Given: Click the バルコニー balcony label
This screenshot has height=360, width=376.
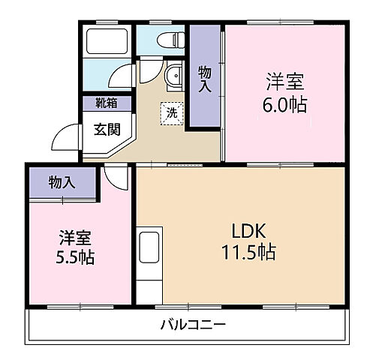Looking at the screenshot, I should click(193, 325).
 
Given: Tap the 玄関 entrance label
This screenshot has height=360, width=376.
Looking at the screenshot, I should click(106, 128).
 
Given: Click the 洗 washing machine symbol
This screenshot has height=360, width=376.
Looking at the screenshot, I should click(172, 114).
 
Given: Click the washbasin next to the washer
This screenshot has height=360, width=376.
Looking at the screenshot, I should click(173, 76).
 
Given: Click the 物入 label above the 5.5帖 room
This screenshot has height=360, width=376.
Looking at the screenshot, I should click(62, 182).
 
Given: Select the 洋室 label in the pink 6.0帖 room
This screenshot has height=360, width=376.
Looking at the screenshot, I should click(284, 79).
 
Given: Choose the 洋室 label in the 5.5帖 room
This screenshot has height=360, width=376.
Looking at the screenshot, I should click(75, 238).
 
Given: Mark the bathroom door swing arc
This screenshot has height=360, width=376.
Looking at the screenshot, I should click(120, 76).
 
